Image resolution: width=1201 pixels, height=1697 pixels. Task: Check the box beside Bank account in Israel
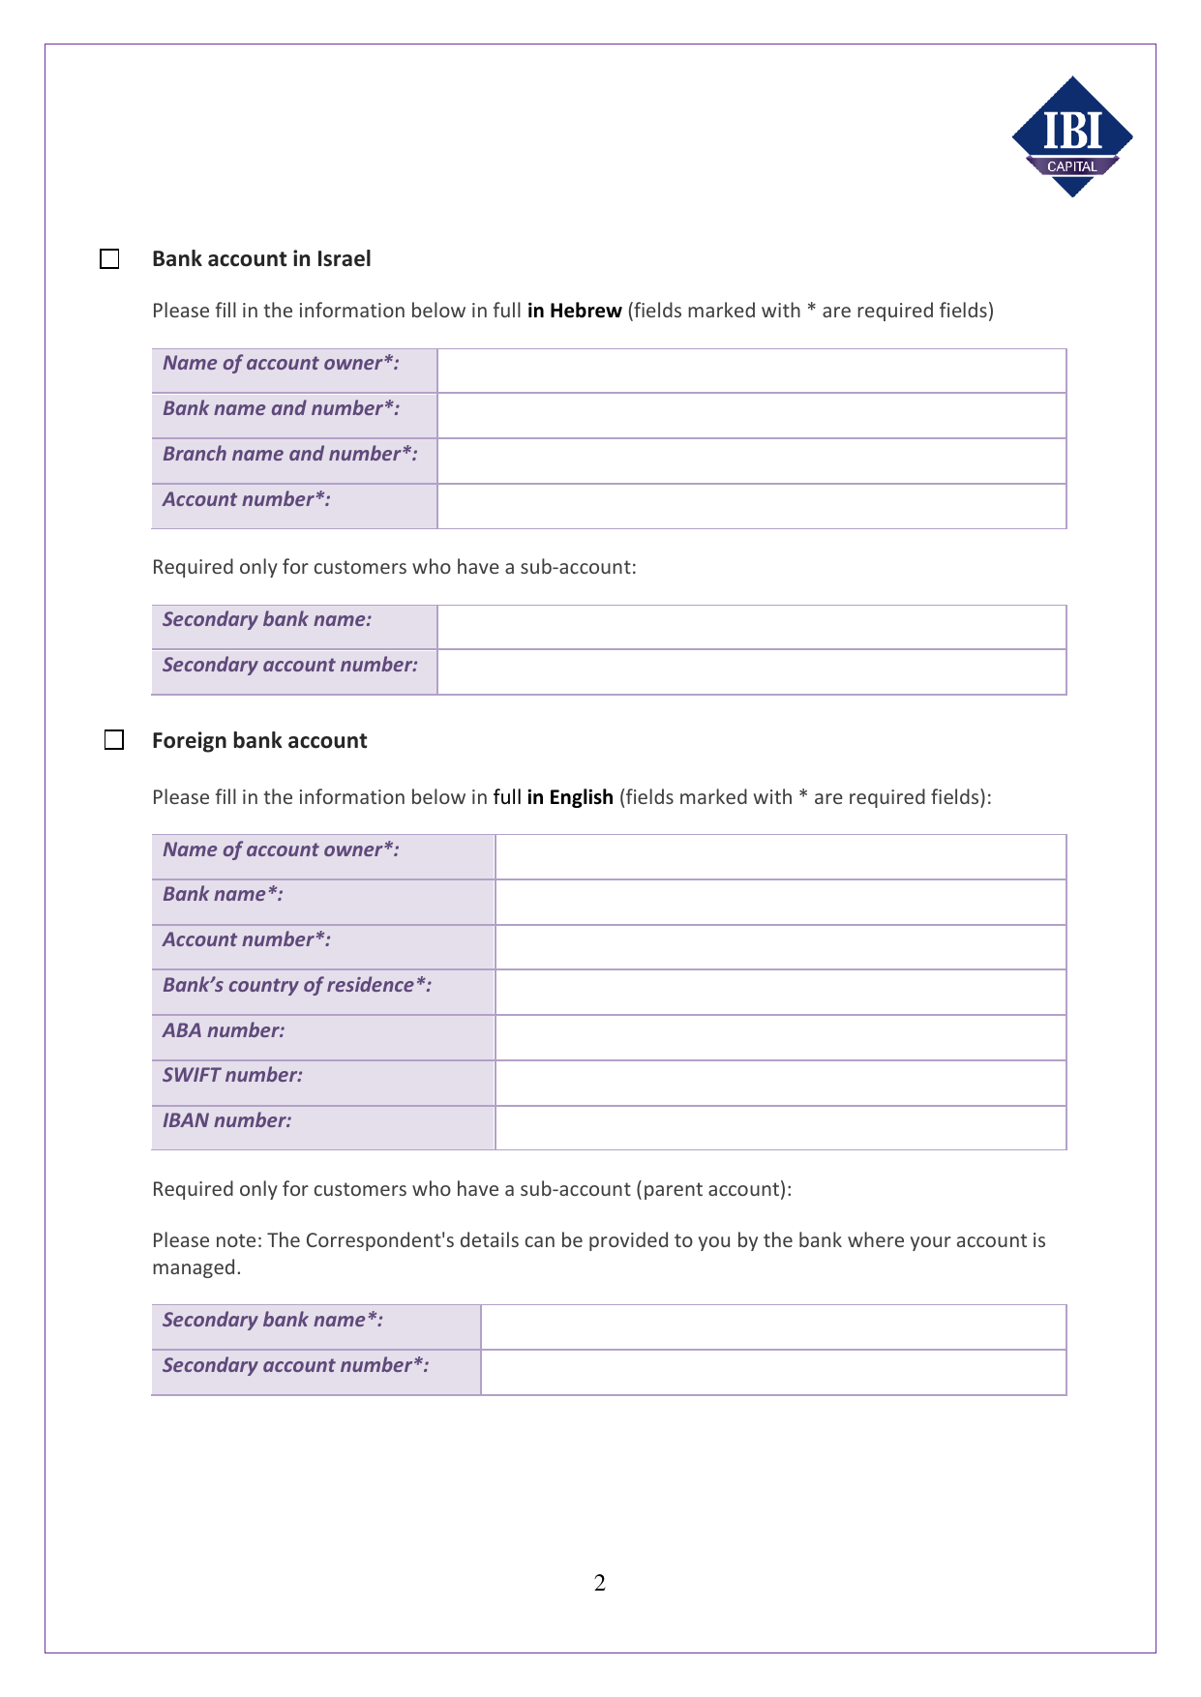tap(109, 259)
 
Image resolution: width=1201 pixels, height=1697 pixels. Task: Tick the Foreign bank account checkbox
tap(114, 740)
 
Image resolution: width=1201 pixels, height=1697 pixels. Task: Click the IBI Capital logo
tap(1072, 136)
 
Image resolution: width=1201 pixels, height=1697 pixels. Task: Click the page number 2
tap(600, 1584)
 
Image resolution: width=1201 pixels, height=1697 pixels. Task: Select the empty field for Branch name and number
tap(751, 461)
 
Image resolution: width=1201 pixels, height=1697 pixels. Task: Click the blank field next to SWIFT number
tap(780, 1084)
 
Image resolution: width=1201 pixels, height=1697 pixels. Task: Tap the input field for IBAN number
tap(780, 1128)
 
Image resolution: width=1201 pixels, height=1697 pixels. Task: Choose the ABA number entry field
tap(780, 1038)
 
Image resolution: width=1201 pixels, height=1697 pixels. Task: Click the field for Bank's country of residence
tap(780, 993)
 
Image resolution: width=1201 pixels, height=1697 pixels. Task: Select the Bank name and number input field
tap(751, 416)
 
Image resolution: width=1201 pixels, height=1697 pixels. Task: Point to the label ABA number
tap(224, 1030)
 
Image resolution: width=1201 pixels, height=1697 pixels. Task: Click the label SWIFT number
tap(232, 1075)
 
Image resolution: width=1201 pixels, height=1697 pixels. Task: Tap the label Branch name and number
tap(289, 454)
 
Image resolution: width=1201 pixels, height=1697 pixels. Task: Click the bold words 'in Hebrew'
tap(574, 311)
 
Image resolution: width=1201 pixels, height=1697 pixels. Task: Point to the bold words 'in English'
tap(570, 797)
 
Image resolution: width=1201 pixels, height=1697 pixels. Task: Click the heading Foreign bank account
tap(259, 741)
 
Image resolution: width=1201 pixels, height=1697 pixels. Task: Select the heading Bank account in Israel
tap(261, 259)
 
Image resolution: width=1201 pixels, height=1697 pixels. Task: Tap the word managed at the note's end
tap(195, 1267)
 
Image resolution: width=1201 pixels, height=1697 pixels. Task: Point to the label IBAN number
tap(226, 1120)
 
